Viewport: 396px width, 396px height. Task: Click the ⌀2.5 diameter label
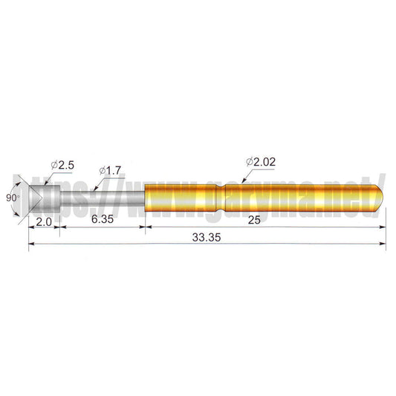click(x=62, y=163)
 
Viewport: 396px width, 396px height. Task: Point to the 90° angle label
click(x=11, y=198)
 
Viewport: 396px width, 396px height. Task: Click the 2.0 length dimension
click(x=43, y=221)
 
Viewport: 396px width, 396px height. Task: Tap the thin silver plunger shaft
click(x=100, y=198)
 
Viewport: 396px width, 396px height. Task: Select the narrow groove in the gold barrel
click(x=221, y=198)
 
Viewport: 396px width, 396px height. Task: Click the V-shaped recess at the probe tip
click(x=33, y=198)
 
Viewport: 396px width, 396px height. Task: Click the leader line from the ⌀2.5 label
click(x=48, y=175)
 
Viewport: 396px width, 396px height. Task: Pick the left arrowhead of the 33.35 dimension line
click(x=32, y=246)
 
